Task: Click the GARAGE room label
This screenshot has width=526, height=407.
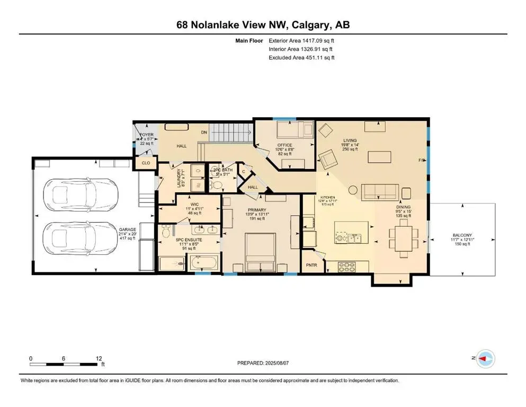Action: click(127, 229)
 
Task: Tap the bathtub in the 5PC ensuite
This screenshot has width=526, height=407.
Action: click(204, 262)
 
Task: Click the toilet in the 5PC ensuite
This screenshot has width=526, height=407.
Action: click(167, 232)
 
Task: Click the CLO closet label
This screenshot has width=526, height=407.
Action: click(146, 163)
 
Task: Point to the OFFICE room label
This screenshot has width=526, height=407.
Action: click(285, 145)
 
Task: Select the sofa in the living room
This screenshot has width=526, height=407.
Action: click(380, 191)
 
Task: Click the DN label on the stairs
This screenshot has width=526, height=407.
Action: click(203, 132)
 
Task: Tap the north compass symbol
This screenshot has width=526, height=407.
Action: click(486, 359)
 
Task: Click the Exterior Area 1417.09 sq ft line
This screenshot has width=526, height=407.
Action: click(301, 40)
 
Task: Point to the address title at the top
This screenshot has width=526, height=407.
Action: click(263, 25)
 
